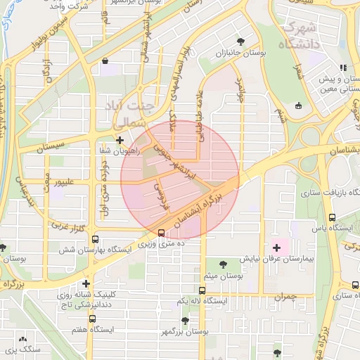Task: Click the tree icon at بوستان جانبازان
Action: click(x=242, y=41)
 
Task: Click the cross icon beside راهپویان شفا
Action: click(x=120, y=140)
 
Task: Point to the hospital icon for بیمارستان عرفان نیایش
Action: click(x=276, y=247)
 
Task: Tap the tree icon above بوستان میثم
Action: click(x=223, y=264)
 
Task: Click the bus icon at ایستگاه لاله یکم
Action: click(x=202, y=290)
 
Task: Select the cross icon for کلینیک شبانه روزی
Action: click(x=86, y=283)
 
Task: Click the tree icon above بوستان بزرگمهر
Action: click(x=185, y=321)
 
